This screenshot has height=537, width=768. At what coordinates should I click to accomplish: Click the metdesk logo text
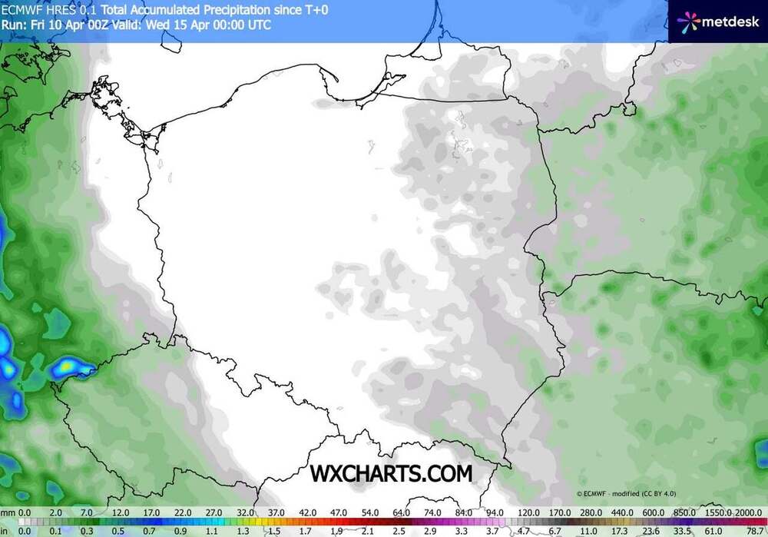[x=728, y=21]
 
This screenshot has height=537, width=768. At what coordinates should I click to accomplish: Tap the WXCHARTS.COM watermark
[x=391, y=473]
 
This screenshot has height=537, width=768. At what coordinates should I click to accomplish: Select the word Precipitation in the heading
[x=230, y=8]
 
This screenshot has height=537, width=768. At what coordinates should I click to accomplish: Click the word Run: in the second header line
[x=14, y=24]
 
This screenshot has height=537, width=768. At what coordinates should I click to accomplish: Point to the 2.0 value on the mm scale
[x=55, y=512]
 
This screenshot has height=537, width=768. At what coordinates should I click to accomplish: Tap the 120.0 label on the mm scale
[x=528, y=512]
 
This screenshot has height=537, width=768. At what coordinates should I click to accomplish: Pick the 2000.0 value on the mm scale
[x=750, y=512]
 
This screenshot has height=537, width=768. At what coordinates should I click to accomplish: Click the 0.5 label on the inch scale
[x=118, y=530]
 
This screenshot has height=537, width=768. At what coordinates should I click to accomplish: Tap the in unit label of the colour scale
[x=5, y=530]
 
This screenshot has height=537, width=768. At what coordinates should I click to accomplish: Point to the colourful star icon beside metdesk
[x=687, y=21]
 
